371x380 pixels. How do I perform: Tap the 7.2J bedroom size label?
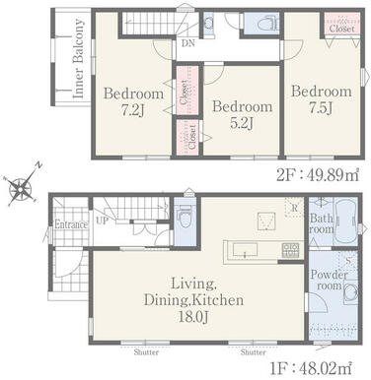(133, 111)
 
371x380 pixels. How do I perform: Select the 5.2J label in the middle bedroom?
(242, 123)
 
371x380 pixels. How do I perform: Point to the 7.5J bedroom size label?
(321, 107)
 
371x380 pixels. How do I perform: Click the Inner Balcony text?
(79, 58)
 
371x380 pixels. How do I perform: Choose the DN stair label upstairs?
(187, 43)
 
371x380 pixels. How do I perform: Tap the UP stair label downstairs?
(102, 221)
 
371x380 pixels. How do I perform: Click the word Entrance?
(71, 224)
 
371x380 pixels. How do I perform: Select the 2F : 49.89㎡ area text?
(317, 174)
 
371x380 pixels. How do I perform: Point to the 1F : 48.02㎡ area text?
(311, 368)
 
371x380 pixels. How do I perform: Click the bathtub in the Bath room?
(345, 221)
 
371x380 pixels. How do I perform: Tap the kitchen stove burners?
(290, 250)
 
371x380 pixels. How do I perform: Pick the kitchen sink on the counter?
(245, 250)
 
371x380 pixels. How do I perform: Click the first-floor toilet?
(185, 217)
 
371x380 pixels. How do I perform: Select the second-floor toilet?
(267, 24)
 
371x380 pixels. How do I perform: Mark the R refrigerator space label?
(294, 208)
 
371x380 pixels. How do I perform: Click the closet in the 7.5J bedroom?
(342, 24)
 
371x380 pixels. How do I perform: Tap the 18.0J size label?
(193, 317)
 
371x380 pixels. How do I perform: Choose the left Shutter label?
(146, 352)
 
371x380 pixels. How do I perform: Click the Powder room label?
(329, 280)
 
